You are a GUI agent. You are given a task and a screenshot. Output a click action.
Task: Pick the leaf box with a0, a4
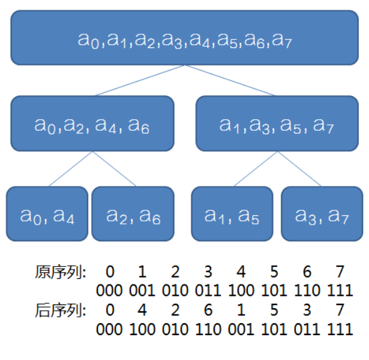click(x=47, y=214)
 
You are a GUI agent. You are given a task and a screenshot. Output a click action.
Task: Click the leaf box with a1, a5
click(x=232, y=214)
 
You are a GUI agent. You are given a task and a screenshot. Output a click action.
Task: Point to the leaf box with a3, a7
click(x=322, y=214)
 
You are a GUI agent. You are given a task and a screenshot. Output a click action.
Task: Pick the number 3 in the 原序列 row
click(x=208, y=272)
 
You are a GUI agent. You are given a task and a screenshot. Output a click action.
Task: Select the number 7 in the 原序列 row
click(x=340, y=272)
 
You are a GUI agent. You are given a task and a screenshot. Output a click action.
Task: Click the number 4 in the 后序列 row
click(x=142, y=310)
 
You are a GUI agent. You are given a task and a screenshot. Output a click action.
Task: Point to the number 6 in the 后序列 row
click(x=208, y=310)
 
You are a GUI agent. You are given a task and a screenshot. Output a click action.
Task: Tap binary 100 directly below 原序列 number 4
click(x=241, y=290)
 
